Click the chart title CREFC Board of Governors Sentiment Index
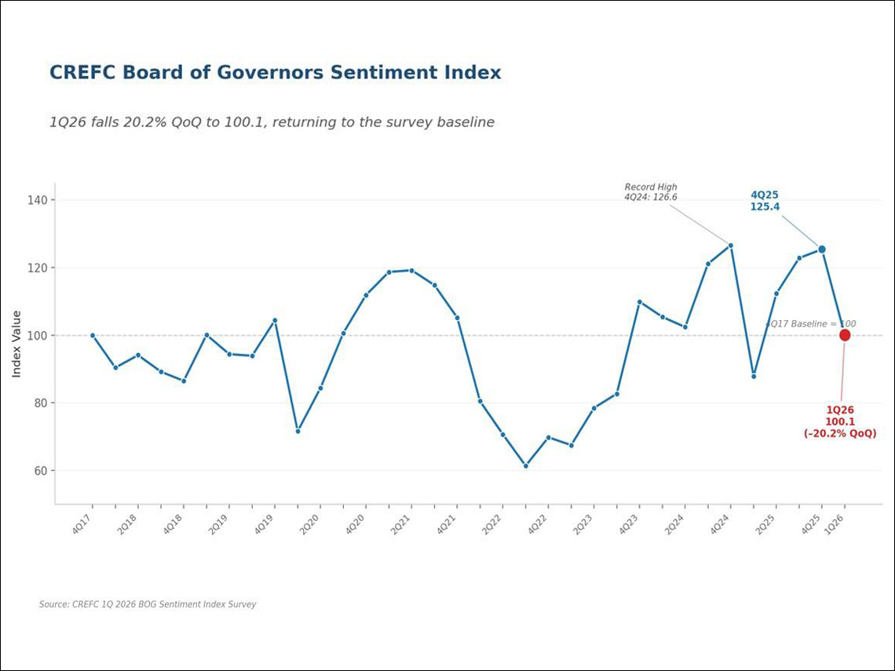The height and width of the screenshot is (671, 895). tap(275, 73)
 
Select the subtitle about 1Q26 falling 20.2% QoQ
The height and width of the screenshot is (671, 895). tap(272, 122)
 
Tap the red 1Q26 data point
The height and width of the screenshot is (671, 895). tap(845, 335)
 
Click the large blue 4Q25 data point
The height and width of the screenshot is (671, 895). tap(822, 250)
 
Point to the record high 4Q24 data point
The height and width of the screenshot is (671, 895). tap(731, 246)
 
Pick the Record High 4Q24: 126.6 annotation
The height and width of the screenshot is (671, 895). tap(650, 192)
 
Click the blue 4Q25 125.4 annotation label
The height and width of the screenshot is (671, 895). tap(765, 201)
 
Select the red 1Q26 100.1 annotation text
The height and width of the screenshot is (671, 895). tap(840, 421)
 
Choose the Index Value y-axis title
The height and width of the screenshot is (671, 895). tap(16, 344)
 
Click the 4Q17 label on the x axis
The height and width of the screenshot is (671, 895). tap(82, 524)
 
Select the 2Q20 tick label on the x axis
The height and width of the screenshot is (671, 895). tap(309, 524)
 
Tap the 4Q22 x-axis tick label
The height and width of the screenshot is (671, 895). tap(537, 524)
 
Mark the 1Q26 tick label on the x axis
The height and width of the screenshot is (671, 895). tap(834, 524)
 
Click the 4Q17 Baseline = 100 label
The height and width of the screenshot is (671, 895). tap(810, 324)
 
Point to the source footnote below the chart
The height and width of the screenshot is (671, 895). tap(148, 604)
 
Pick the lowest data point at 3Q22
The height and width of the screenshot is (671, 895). tap(526, 466)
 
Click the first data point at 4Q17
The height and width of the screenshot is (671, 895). tap(93, 335)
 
